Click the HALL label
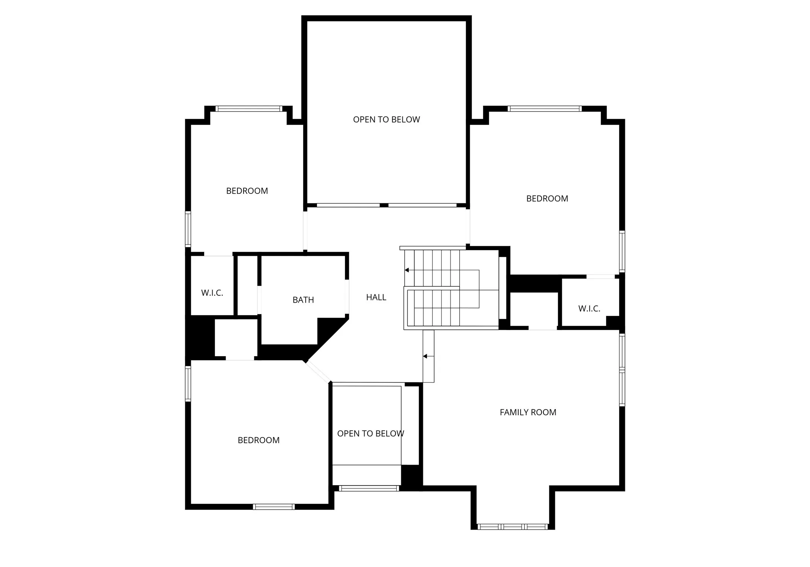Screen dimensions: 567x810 [376, 297]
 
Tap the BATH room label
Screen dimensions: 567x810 [303, 300]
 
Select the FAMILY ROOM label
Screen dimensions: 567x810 [528, 412]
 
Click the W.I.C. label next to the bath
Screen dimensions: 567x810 [212, 293]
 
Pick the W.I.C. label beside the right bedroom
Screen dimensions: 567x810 [589, 309]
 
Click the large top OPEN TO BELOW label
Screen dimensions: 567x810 [386, 120]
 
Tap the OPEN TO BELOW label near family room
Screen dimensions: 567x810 [370, 434]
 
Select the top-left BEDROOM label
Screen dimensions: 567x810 [247, 191]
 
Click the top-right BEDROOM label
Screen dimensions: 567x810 [547, 199]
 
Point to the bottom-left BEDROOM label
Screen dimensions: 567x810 [259, 440]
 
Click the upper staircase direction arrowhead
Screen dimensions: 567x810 [407, 270]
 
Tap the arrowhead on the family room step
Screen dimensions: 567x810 [425, 356]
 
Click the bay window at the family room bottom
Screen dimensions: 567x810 [512, 527]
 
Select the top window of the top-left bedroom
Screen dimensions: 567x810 [249, 109]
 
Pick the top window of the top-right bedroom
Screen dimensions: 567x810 [545, 109]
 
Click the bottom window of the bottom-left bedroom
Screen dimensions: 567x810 [273, 507]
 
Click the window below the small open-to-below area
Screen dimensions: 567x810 [369, 488]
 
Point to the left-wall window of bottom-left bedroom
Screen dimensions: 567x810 [188, 384]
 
